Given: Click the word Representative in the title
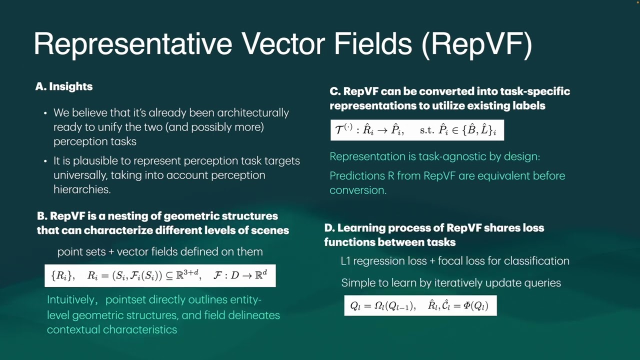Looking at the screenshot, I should pyautogui.click(x=132, y=44).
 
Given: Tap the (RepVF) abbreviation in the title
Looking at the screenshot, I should pyautogui.click(x=476, y=44).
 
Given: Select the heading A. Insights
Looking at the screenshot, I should pyautogui.click(x=64, y=86).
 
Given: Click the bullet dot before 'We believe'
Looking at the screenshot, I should pyautogui.click(x=45, y=113).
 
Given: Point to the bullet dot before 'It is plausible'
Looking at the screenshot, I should pyautogui.click(x=45, y=161).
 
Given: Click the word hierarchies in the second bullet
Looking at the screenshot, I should pyautogui.click(x=81, y=189).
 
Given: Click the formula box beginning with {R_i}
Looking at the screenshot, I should pyautogui.click(x=160, y=275).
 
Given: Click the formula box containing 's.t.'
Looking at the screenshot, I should pyautogui.click(x=417, y=130).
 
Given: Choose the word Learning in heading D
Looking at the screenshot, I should pyautogui.click(x=358, y=228).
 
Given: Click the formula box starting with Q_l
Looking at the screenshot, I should pyautogui.click(x=420, y=305).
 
